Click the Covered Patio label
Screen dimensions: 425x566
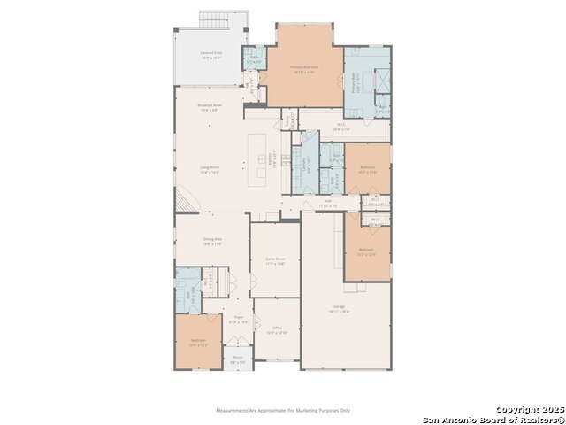coord(210,55)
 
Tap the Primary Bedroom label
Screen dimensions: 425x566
coord(305,68)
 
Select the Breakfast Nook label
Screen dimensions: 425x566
coord(210,109)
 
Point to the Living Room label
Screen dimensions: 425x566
coord(210,171)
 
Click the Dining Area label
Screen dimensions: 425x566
coord(212,241)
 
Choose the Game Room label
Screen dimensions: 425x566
coord(275,261)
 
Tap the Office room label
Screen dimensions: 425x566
coord(277,330)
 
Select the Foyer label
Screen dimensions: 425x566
coord(238,319)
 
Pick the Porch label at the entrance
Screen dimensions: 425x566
coord(238,360)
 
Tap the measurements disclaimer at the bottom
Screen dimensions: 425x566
coord(283,410)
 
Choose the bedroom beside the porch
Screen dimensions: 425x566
coord(198,342)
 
